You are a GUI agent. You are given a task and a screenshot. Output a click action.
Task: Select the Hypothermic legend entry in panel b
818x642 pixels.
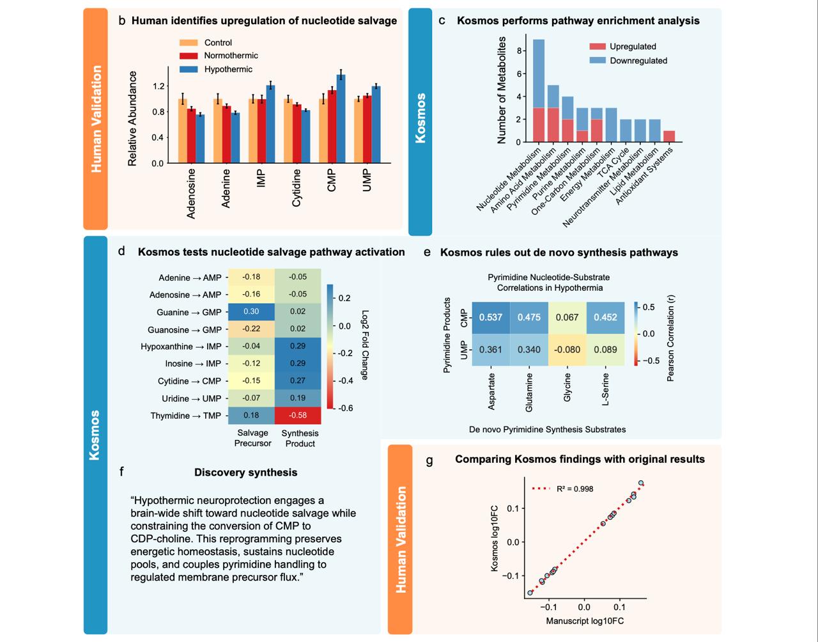pyautogui.click(x=228, y=69)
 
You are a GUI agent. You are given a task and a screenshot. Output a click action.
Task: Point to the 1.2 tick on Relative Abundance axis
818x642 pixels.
pyautogui.click(x=158, y=86)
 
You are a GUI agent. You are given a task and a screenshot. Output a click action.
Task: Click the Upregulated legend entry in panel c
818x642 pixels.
pyautogui.click(x=633, y=47)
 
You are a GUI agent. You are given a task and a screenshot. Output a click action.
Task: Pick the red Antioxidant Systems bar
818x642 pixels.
pyautogui.click(x=668, y=136)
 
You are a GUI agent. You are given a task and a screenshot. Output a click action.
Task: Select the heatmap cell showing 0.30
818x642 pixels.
pyautogui.click(x=251, y=311)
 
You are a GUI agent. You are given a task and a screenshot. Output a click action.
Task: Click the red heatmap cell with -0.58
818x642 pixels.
pyautogui.click(x=298, y=415)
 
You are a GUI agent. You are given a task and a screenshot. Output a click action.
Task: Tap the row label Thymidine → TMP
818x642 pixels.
pyautogui.click(x=185, y=416)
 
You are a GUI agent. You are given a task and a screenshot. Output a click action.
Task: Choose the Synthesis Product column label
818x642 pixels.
pyautogui.click(x=299, y=438)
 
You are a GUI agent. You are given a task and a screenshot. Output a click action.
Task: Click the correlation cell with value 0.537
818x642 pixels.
pyautogui.click(x=491, y=317)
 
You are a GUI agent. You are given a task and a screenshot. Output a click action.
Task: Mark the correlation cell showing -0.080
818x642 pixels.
pyautogui.click(x=567, y=350)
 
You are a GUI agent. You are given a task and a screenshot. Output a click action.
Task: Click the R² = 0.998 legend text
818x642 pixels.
pyautogui.click(x=575, y=489)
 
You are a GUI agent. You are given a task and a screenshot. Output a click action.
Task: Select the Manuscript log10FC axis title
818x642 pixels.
pyautogui.click(x=584, y=621)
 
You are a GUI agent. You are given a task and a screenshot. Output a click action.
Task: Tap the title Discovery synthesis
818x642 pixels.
pyautogui.click(x=245, y=473)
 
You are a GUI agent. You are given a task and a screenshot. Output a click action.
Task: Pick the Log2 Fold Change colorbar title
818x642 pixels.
pyautogui.click(x=365, y=345)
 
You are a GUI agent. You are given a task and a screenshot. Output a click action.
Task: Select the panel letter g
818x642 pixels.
pyautogui.click(x=429, y=460)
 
